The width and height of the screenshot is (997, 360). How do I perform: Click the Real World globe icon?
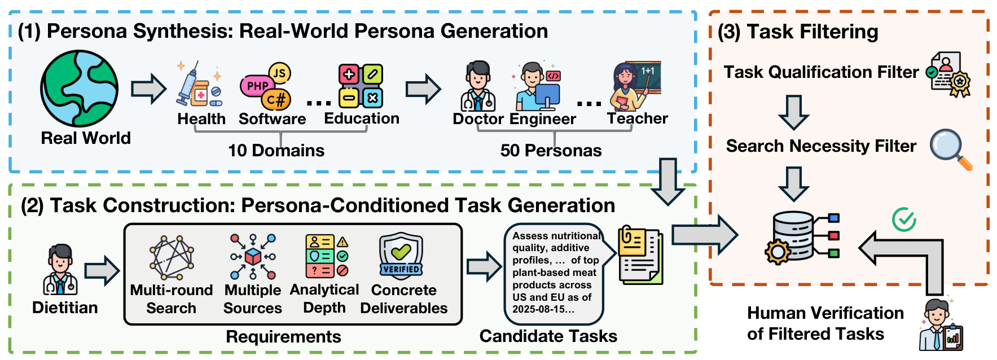coord(80,88)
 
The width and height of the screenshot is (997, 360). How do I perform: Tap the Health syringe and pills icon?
coord(199,85)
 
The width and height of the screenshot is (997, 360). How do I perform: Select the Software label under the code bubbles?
coord(272,119)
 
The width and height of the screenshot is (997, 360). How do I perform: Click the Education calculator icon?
coord(361,86)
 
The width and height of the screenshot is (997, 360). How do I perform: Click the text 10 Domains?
coord(276,151)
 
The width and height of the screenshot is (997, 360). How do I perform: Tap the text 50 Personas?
coord(551,151)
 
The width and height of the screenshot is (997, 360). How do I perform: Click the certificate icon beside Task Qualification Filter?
coord(950,74)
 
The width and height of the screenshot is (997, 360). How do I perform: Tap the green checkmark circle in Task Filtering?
coord(904,219)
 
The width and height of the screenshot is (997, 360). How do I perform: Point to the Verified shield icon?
coord(401,256)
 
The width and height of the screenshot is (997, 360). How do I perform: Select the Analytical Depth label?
coord(324,298)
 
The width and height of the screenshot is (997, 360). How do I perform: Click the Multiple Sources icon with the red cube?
coord(253,257)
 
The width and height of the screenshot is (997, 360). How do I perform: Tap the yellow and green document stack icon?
coord(640,255)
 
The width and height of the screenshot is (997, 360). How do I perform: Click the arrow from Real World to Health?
coord(148,89)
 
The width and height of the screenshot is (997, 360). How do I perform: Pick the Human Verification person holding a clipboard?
coord(941,326)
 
